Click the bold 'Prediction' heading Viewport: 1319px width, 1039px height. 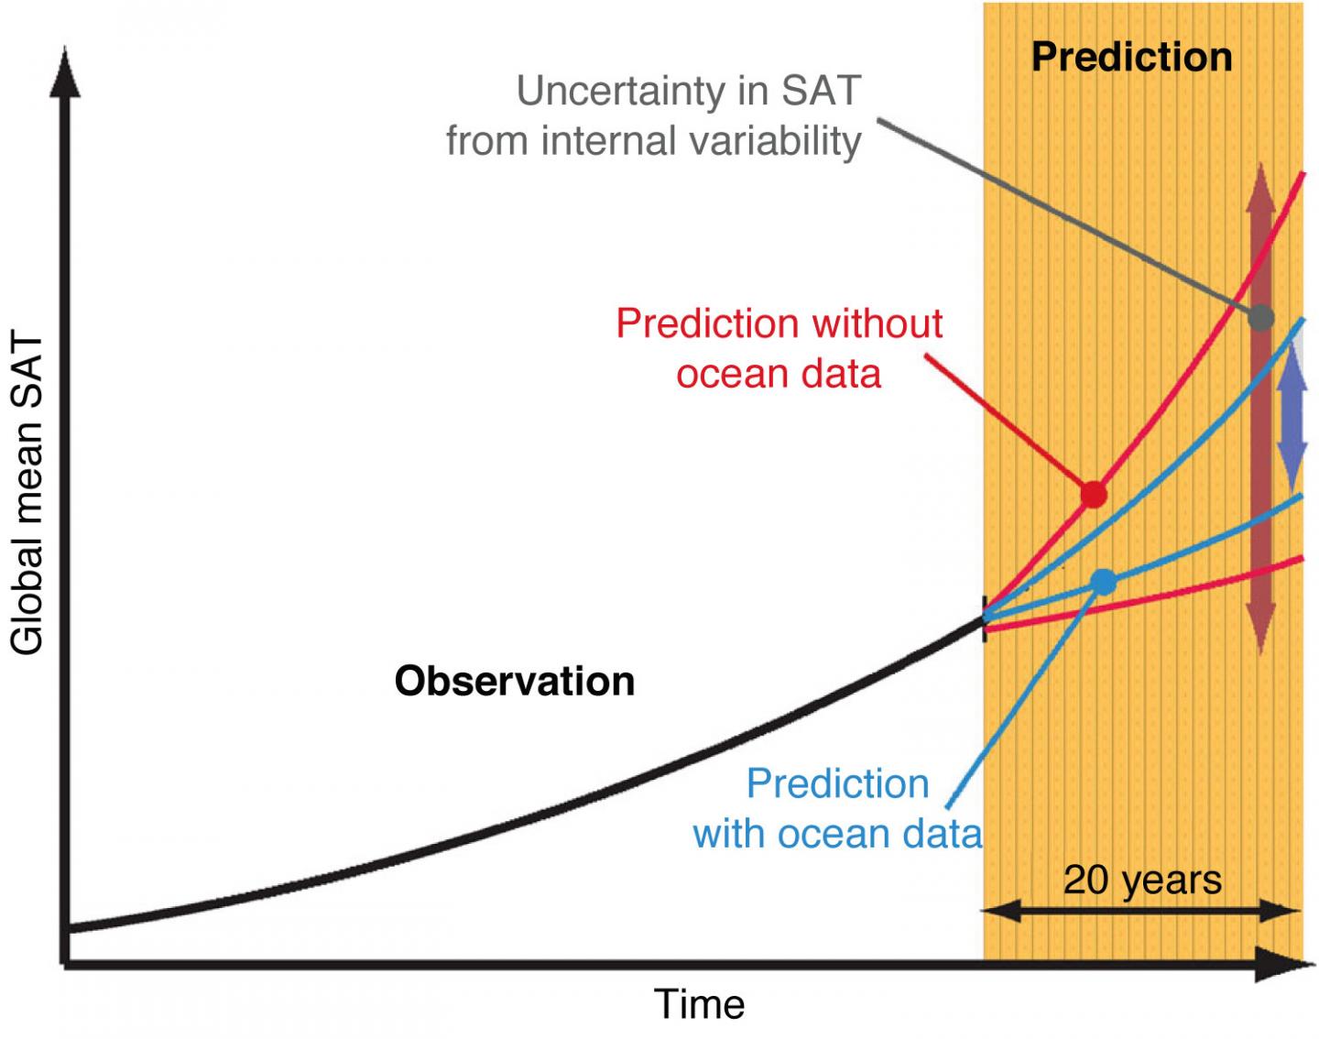tap(1131, 57)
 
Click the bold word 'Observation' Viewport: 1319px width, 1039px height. tap(514, 682)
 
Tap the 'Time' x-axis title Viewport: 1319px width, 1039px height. tap(699, 1004)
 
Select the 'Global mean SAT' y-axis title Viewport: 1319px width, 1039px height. tap(27, 495)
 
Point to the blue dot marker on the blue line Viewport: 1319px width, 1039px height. tap(1105, 582)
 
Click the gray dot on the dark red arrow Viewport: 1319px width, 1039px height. tap(1261, 318)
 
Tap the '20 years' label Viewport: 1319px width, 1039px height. tap(1142, 880)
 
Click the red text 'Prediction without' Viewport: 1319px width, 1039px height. tap(779, 323)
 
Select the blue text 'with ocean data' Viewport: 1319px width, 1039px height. tap(837, 834)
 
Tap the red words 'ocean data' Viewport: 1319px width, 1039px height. tap(779, 374)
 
